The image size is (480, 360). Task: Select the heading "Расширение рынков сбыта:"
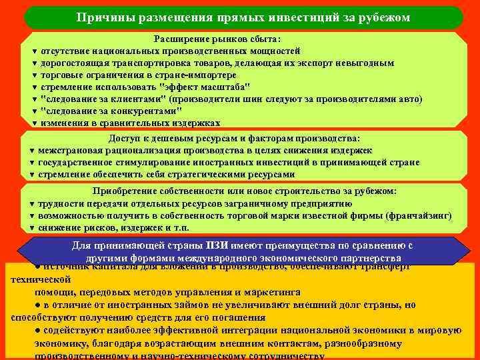(217, 39)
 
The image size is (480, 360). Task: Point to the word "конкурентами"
(137, 111)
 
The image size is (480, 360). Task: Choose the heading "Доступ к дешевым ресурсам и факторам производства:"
(234, 139)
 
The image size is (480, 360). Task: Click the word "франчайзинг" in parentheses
(419, 216)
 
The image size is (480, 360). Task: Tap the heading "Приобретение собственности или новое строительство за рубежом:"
(245, 191)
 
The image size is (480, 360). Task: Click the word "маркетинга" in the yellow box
(265, 292)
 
